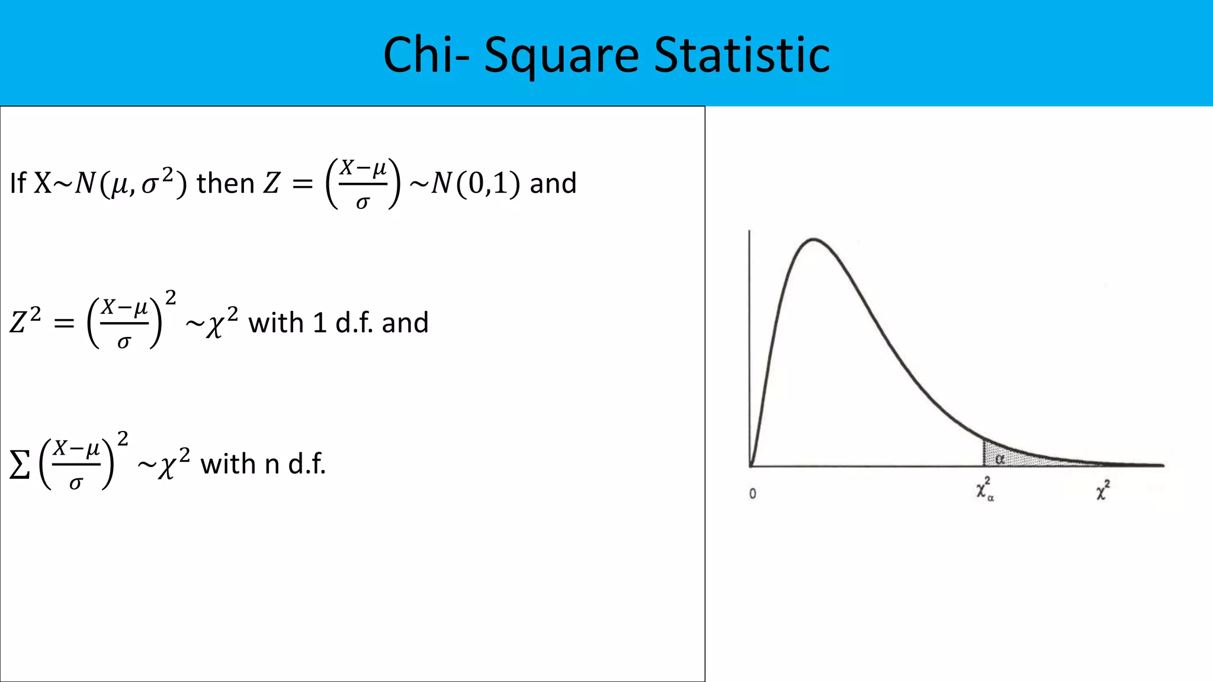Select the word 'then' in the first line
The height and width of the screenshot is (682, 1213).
(226, 184)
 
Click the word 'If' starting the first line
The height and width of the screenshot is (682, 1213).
(18, 184)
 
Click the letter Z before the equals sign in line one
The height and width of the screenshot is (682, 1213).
(271, 184)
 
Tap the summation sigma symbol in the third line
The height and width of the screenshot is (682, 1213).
(20, 465)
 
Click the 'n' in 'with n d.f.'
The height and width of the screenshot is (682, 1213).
(272, 465)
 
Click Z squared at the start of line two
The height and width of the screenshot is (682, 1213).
(25, 321)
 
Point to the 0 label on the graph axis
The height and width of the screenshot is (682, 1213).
(752, 494)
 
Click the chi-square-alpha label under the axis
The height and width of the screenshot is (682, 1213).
(984, 490)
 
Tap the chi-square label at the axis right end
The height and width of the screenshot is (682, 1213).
(1102, 490)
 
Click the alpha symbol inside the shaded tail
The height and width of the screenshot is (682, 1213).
(1000, 459)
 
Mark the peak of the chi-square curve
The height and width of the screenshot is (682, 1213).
(814, 239)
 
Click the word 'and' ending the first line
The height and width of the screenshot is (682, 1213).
(553, 184)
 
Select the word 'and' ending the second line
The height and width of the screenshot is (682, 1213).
(405, 323)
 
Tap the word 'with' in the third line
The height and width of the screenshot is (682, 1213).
(228, 465)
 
